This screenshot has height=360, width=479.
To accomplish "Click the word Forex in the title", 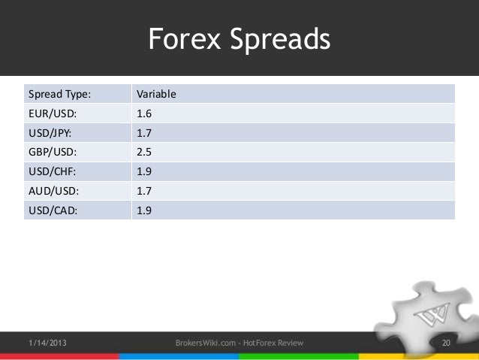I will pos(182,39).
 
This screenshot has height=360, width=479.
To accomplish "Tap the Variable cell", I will pos(155,95).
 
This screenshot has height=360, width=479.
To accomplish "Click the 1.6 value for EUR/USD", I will pos(143,116).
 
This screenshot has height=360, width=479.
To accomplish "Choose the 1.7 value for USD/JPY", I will pos(143,134).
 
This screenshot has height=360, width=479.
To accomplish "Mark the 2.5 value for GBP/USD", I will pos(143,153).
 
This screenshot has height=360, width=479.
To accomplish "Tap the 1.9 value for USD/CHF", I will pos(143,172).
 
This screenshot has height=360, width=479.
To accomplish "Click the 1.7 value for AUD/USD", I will pos(143,191).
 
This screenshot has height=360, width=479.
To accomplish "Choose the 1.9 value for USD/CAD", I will pos(143,210).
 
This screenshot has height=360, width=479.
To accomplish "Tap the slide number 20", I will pos(446,343).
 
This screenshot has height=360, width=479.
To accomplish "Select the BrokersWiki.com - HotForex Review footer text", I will pos(239,343).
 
